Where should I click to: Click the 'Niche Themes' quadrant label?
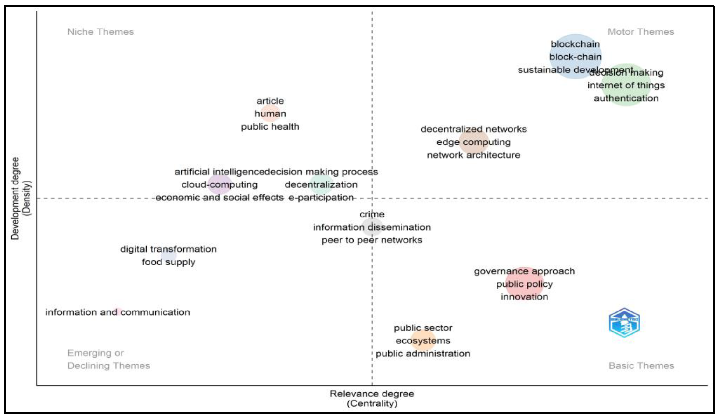tap(100, 31)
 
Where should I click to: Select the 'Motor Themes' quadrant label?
tap(640, 31)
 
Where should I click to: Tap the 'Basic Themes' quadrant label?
tap(641, 366)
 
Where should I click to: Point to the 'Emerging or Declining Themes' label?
tap(108, 359)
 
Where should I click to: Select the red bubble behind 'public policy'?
tap(524, 284)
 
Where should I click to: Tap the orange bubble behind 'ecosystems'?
tap(423, 340)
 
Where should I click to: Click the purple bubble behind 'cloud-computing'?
tap(219, 184)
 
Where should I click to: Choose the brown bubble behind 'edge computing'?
tap(474, 142)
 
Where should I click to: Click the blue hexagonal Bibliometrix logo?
tap(624, 322)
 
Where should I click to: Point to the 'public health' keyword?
tap(270, 126)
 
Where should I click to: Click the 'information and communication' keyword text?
tap(118, 312)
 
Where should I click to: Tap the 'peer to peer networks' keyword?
tap(372, 240)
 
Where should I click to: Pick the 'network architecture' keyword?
tap(473, 155)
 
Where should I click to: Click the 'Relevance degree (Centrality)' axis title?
tap(372, 398)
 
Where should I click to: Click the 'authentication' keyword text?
tap(626, 98)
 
